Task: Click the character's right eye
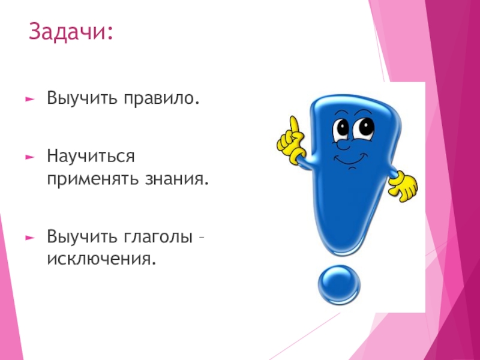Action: (364, 127)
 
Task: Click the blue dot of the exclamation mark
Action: (340, 287)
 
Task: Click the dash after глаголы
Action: (202, 238)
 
